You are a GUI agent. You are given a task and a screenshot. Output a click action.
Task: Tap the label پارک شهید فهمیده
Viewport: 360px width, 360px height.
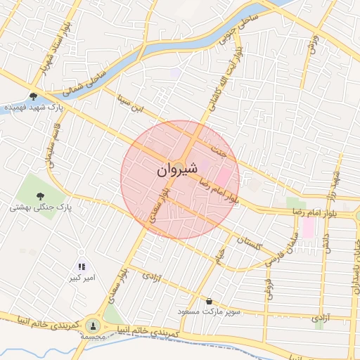(x=34, y=108)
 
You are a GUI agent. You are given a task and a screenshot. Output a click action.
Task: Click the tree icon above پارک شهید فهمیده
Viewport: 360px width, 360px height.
(x=33, y=96)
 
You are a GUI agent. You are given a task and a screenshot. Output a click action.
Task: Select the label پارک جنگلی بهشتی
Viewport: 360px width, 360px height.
(x=41, y=208)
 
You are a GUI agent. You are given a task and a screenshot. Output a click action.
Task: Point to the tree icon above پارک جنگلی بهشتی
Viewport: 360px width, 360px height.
(x=41, y=196)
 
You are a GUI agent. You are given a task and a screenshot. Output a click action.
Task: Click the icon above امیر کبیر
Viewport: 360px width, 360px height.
(x=82, y=266)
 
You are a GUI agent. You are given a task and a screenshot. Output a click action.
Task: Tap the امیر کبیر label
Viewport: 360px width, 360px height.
(x=82, y=278)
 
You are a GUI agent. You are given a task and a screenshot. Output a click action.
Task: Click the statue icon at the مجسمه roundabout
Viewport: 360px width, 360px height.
(x=92, y=325)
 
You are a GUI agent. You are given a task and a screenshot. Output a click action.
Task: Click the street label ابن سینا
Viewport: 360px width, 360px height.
(x=129, y=106)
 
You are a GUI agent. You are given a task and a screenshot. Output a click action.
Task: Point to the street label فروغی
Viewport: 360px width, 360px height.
(x=268, y=285)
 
